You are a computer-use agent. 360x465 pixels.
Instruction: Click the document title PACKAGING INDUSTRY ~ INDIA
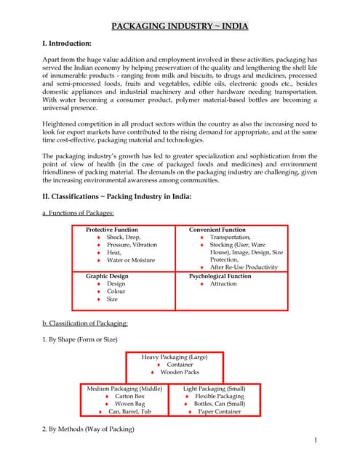180,27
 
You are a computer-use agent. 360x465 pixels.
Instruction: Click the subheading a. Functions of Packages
78,212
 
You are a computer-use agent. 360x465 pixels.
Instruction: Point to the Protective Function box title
111,230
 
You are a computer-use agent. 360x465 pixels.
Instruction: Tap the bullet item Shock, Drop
124,238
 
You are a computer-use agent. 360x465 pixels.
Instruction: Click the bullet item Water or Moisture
131,260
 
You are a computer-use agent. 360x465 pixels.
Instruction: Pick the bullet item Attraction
223,284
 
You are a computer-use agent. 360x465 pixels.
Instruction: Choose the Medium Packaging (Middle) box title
125,389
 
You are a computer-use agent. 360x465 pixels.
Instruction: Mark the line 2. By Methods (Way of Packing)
89,429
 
